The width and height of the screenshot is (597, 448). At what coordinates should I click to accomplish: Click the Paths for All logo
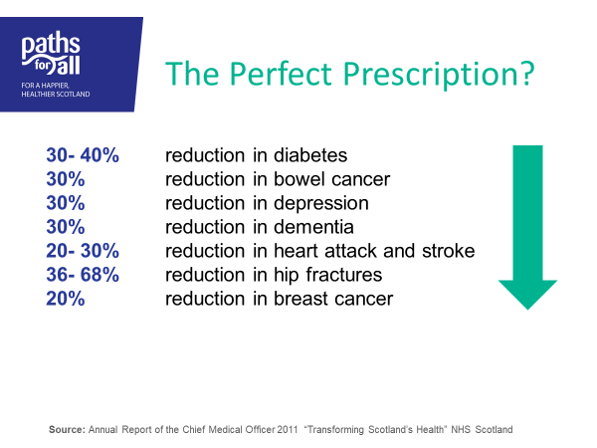[x=51, y=54]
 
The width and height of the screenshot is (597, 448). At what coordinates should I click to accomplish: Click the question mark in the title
[x=525, y=73]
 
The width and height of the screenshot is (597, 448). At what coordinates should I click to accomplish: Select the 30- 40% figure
[x=83, y=155]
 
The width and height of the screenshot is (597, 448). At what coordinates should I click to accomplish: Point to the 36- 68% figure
[x=83, y=275]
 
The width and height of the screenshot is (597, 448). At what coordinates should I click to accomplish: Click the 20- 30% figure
[x=83, y=251]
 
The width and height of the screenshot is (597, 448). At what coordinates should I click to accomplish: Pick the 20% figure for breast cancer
[x=65, y=299]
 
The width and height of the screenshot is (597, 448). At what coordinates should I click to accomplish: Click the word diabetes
[x=310, y=155]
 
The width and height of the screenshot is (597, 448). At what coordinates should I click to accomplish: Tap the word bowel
[x=299, y=179]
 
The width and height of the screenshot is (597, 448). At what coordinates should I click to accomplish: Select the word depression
[x=321, y=204]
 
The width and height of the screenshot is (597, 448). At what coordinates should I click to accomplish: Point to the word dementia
[x=313, y=227]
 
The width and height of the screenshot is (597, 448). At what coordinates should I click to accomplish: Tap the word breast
[x=300, y=299]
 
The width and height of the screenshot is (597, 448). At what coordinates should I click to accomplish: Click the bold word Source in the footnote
[x=67, y=430]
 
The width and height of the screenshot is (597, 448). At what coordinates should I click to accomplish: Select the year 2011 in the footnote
[x=288, y=430]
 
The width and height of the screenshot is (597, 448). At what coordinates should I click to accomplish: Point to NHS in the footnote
[x=461, y=430]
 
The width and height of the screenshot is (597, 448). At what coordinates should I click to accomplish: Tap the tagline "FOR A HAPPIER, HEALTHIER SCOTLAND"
[x=56, y=90]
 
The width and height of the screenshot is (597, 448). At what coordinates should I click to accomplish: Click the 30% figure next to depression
[x=65, y=203]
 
